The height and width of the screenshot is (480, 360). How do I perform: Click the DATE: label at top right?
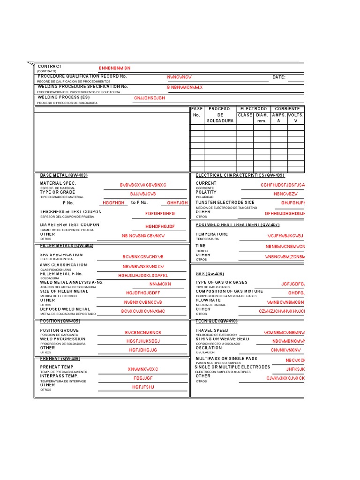(278, 77)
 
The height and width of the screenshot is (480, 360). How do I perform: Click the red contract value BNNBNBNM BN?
(114, 68)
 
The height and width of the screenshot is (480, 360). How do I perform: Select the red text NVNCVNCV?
(180, 77)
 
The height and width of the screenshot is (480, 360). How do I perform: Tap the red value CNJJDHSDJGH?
(150, 98)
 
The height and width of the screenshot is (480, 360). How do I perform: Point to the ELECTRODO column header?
(253, 109)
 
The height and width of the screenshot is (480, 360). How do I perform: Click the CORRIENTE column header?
(287, 109)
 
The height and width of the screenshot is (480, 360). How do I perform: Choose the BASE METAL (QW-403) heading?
(64, 175)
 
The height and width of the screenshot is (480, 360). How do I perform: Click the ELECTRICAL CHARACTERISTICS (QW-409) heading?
(240, 175)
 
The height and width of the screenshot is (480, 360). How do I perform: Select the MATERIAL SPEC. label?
(58, 183)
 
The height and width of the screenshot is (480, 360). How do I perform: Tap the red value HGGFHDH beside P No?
(113, 203)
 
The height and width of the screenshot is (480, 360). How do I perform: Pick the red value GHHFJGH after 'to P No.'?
(177, 203)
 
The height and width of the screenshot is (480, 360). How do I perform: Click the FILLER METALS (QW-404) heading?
(67, 246)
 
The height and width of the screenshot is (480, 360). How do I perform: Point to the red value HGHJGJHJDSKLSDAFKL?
(143, 276)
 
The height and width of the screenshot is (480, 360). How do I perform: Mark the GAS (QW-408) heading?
(210, 274)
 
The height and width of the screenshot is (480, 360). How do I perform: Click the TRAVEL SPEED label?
(212, 330)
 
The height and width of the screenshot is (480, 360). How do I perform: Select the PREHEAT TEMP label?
(57, 367)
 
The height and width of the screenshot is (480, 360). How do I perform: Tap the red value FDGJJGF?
(143, 378)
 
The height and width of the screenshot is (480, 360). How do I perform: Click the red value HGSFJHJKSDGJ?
(143, 341)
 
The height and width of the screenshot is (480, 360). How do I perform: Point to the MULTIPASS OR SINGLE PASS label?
(226, 359)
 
